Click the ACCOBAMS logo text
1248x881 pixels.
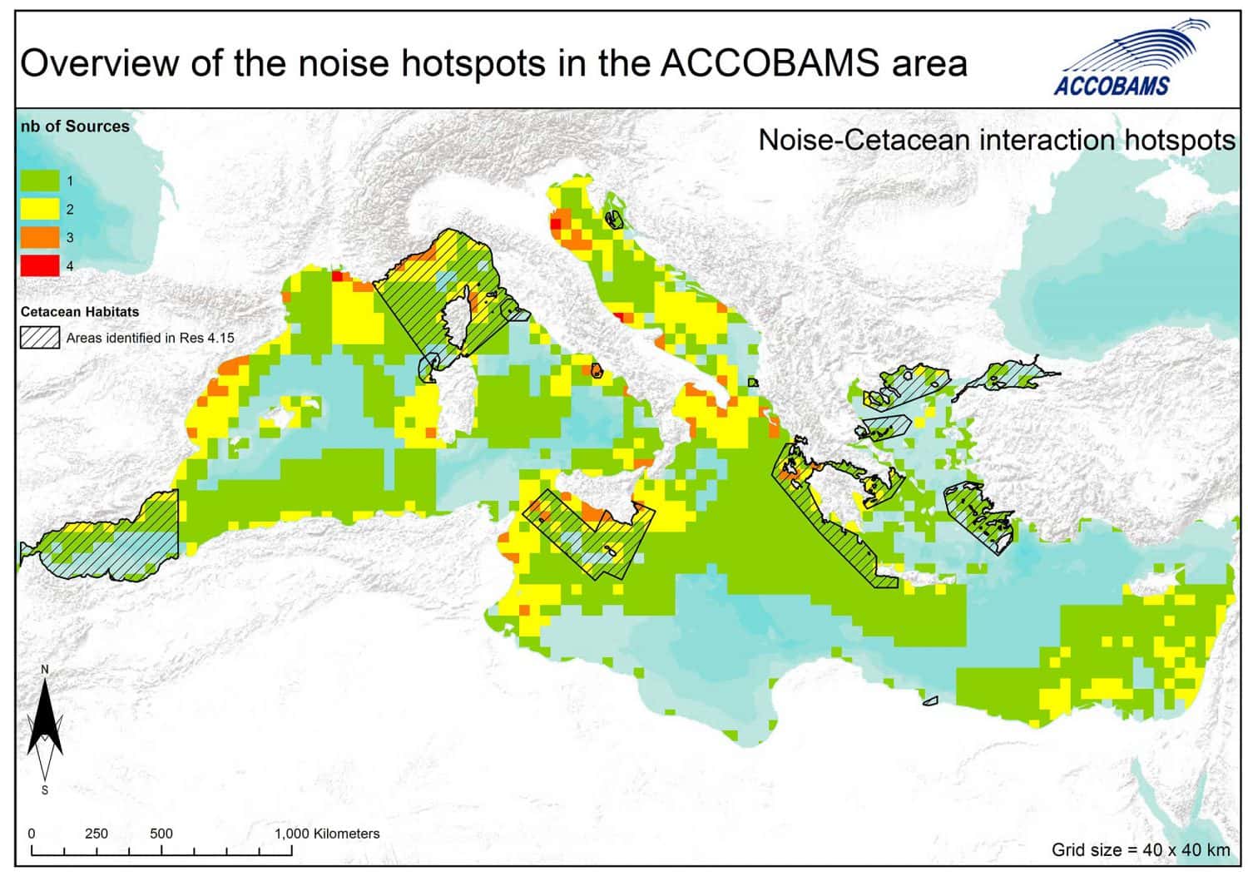(1111, 85)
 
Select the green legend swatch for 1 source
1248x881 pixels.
(39, 181)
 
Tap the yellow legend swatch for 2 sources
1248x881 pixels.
(39, 209)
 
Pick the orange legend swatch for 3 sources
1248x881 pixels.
(39, 237)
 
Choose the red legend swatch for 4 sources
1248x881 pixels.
(39, 265)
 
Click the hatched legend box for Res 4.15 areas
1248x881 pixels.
(39, 338)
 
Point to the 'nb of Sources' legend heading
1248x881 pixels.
(75, 126)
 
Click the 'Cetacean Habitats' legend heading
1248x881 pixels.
(80, 312)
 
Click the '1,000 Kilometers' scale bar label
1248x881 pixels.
(327, 834)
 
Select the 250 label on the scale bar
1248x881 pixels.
(97, 834)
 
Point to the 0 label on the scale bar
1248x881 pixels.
(32, 834)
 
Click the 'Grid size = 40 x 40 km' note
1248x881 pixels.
(1140, 849)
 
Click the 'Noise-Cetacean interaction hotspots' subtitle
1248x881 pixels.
(996, 140)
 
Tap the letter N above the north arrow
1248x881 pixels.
(45, 670)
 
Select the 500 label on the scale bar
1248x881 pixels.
(161, 834)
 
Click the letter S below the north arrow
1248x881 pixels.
(45, 789)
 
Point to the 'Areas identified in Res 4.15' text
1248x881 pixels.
(151, 338)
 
